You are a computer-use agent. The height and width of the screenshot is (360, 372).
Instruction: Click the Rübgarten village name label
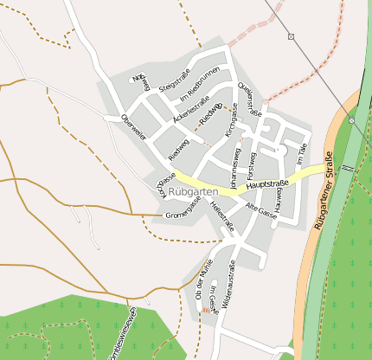tap(193, 191)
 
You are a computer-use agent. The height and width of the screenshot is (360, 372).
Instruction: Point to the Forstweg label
tap(252, 164)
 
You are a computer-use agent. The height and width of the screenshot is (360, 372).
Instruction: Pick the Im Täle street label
tap(300, 154)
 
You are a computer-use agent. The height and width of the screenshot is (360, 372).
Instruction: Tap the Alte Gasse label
tap(262, 210)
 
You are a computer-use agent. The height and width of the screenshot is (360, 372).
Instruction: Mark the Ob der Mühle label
tap(205, 285)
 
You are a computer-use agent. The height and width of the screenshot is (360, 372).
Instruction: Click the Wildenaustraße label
tap(231, 286)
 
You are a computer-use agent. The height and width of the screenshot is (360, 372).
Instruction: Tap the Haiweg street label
tap(279, 165)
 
